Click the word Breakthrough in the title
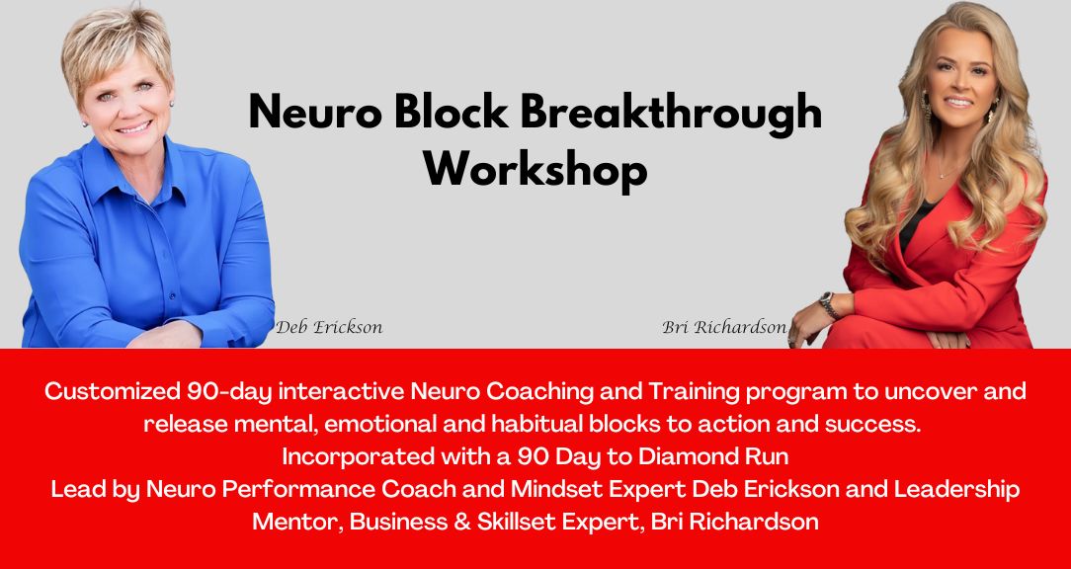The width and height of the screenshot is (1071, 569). click(672, 112)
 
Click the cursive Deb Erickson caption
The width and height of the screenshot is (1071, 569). click(329, 327)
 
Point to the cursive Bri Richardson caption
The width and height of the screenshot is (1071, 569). click(724, 327)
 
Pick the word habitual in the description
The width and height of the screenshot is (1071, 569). click(535, 424)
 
